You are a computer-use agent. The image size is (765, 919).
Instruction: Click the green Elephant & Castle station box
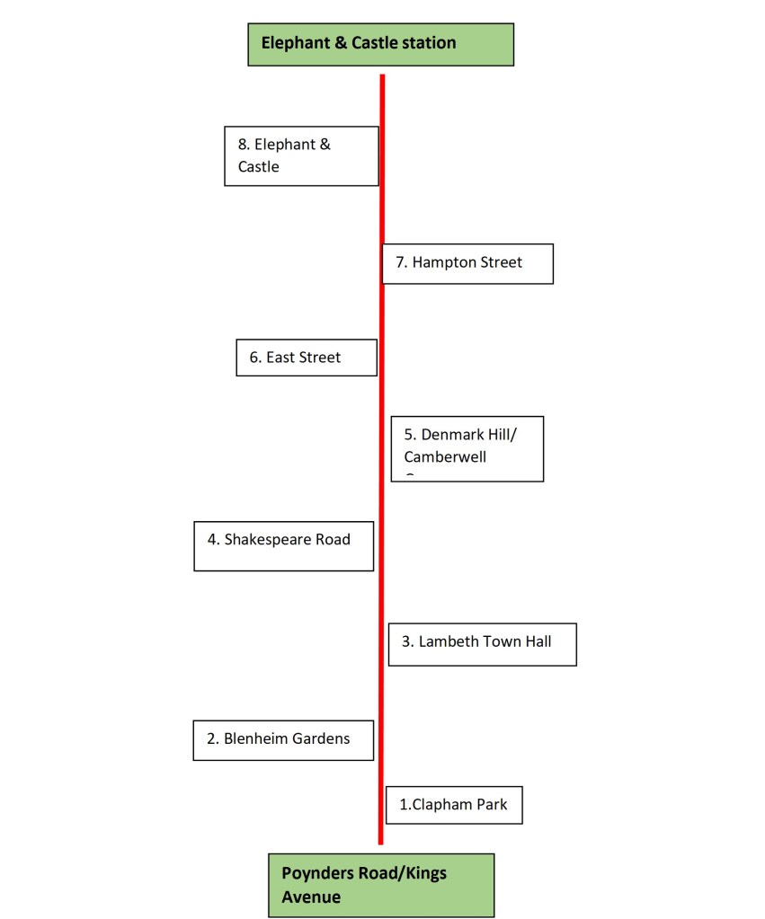tap(380, 44)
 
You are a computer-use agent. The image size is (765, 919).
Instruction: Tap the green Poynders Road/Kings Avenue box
tap(381, 885)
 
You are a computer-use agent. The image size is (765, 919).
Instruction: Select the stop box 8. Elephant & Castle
tap(301, 155)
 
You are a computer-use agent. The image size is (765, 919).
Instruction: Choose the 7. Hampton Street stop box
tap(467, 263)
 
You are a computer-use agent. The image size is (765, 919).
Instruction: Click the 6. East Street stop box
tap(306, 357)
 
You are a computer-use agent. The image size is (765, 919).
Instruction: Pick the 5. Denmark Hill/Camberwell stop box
tap(467, 448)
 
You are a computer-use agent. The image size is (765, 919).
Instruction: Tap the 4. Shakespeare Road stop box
tap(283, 546)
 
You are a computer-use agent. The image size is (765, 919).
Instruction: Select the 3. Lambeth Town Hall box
tap(482, 644)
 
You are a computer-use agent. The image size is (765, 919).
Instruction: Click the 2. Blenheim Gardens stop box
tap(283, 740)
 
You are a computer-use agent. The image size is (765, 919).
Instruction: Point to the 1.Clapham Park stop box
tap(454, 805)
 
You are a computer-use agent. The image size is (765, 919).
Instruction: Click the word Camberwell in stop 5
tap(445, 457)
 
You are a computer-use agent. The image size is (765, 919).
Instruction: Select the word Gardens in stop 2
tap(320, 739)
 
